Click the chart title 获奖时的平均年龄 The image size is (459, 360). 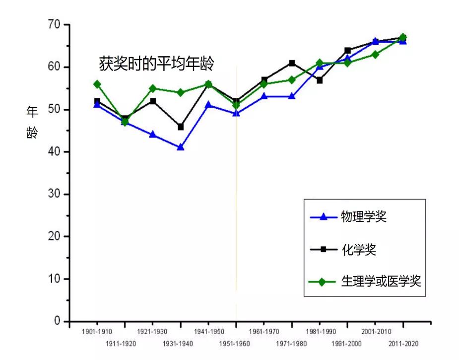pyautogui.click(x=156, y=64)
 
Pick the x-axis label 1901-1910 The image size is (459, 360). pyautogui.click(x=97, y=331)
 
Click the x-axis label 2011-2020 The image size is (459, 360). pyautogui.click(x=402, y=343)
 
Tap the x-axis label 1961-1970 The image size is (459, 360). pyautogui.click(x=263, y=331)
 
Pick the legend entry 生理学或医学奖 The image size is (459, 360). pyautogui.click(x=381, y=282)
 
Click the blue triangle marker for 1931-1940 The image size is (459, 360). pyautogui.click(x=181, y=147)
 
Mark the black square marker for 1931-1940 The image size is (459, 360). pyautogui.click(x=181, y=127)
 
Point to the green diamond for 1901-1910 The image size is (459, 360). pyautogui.click(x=97, y=84)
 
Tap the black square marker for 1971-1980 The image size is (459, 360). pyautogui.click(x=292, y=63)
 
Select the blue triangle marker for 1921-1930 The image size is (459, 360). pyautogui.click(x=153, y=135)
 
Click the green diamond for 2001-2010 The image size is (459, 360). pyautogui.click(x=375, y=55)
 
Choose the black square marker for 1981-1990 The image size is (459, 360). pyautogui.click(x=320, y=80)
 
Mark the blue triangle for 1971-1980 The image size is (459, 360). pyautogui.click(x=292, y=96)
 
